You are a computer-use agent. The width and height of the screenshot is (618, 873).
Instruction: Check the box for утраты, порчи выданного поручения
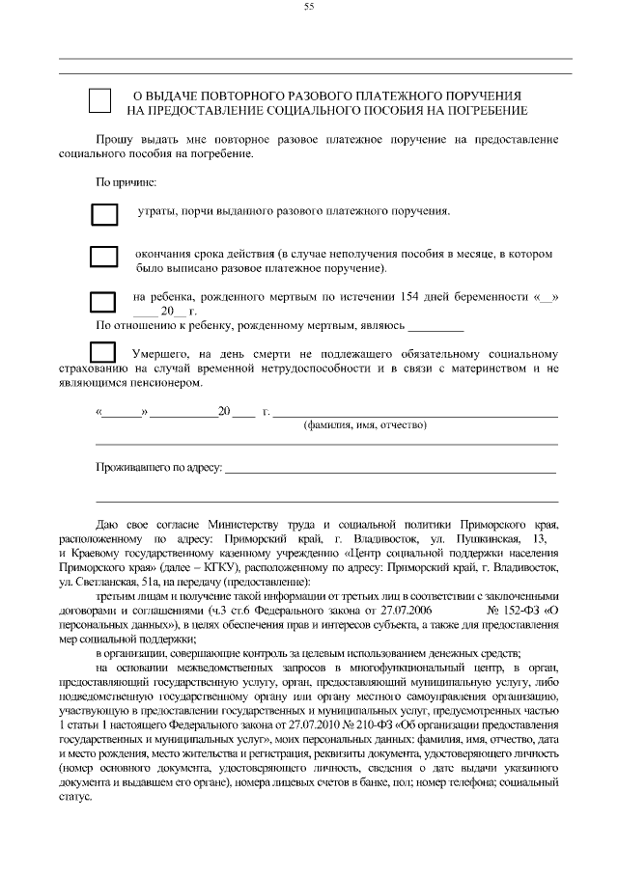103,213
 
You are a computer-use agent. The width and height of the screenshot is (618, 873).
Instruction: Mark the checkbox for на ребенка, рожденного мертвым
103,303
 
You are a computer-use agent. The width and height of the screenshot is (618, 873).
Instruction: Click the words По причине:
119,181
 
